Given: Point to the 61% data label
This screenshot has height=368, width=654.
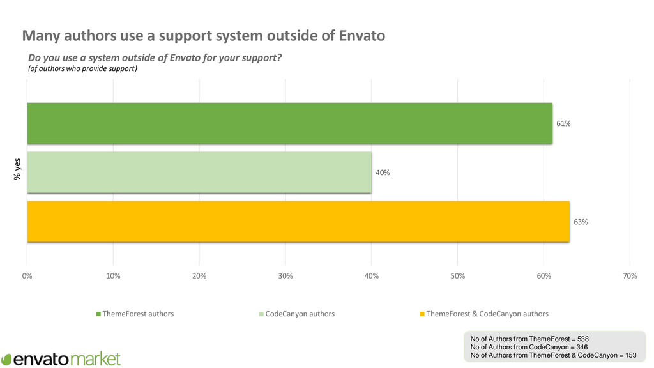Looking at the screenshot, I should [x=563, y=124].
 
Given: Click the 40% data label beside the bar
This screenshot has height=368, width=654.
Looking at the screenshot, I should [x=383, y=172].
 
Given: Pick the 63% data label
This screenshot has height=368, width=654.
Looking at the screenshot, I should [x=580, y=222].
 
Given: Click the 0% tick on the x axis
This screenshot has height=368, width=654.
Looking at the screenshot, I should [x=27, y=275].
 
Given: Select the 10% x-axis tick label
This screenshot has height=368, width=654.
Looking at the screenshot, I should [x=113, y=275].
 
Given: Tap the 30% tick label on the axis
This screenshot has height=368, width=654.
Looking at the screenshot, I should [x=285, y=275].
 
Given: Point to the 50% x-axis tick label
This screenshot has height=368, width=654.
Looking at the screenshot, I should [x=457, y=275].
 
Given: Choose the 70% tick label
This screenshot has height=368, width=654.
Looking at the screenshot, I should [x=630, y=275].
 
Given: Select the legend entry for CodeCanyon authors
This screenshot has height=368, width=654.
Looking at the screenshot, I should [x=300, y=314].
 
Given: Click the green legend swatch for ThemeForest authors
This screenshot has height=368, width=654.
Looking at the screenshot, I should [x=98, y=314].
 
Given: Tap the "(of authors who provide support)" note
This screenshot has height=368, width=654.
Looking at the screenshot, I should [x=82, y=69].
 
